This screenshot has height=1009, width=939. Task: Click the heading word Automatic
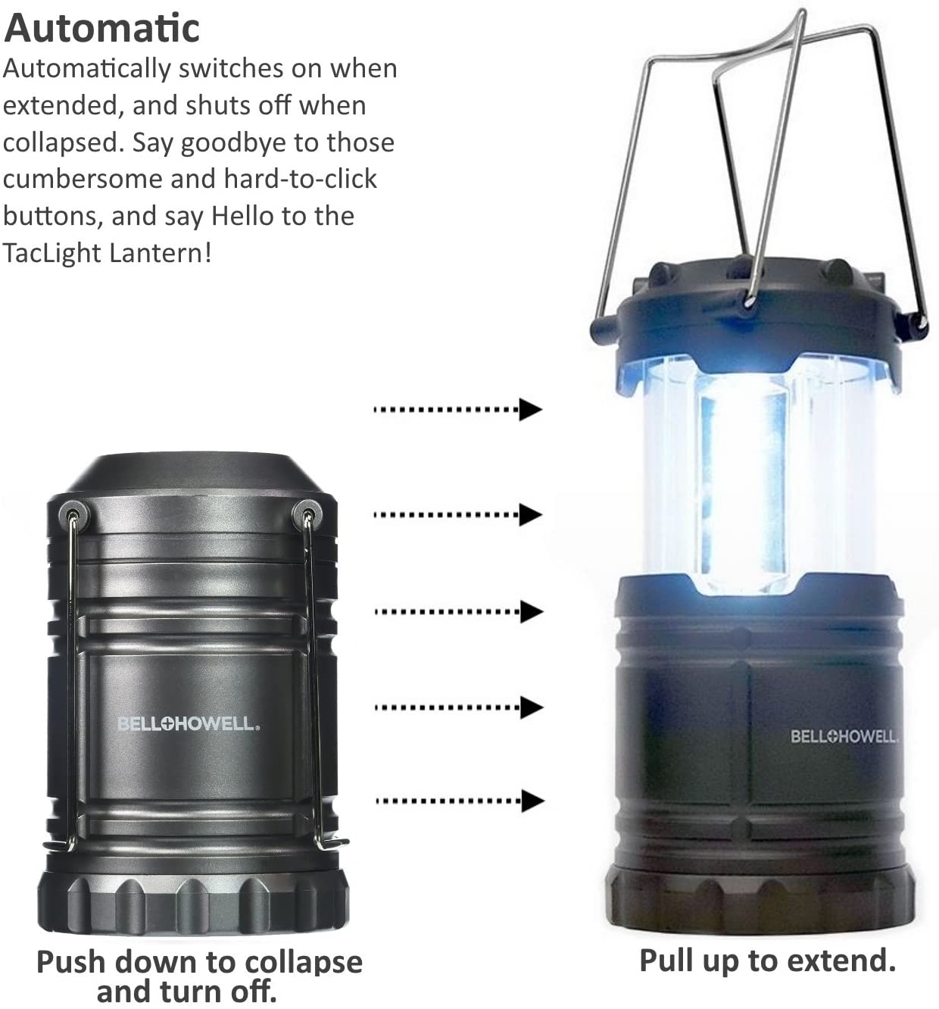tap(101, 29)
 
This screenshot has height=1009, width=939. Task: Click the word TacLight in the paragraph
tap(51, 253)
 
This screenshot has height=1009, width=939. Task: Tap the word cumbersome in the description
tap(83, 180)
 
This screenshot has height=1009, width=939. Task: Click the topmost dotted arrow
tap(457, 410)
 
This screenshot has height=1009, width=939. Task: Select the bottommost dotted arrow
tap(460, 801)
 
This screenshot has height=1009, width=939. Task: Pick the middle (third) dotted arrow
tap(459, 611)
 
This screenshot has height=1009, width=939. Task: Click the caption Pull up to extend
tap(767, 961)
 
